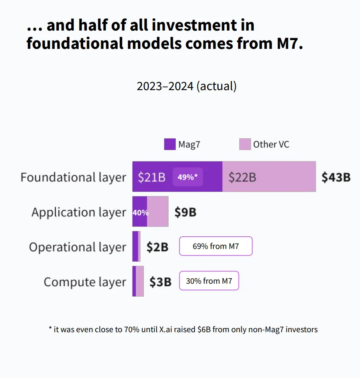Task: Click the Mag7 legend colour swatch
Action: [170, 144]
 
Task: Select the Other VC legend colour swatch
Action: [245, 144]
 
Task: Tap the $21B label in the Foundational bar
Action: [152, 177]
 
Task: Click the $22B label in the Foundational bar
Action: [242, 177]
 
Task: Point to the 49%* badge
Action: [188, 177]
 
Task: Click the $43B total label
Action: [336, 177]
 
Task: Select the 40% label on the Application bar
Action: [140, 213]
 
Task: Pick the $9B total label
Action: [185, 212]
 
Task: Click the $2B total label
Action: [157, 247]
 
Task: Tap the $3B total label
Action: [160, 282]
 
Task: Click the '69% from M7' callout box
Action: [216, 246]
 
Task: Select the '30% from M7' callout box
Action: [209, 281]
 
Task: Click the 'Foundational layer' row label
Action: [73, 177]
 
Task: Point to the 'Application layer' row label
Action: [79, 212]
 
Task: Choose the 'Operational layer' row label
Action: [78, 247]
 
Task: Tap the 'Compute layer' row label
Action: [85, 282]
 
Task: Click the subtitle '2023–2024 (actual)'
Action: [186, 86]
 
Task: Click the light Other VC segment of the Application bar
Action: [158, 212]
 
